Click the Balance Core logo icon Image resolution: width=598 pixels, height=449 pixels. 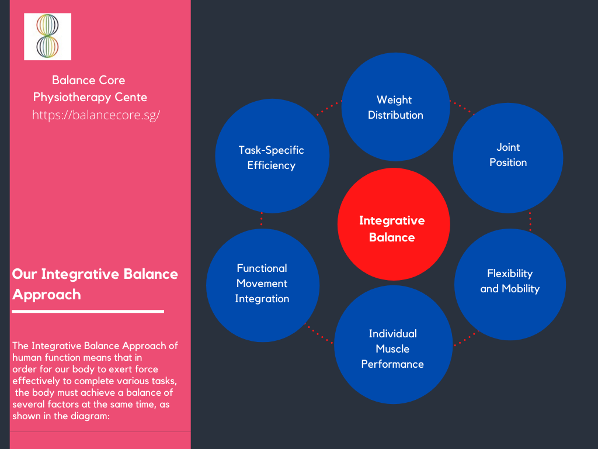point(48,37)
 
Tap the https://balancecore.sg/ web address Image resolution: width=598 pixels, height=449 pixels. point(96,115)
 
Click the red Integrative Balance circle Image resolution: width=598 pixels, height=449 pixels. point(394,224)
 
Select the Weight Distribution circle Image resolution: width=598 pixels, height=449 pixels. point(395,107)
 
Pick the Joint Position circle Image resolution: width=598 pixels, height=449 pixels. point(508,158)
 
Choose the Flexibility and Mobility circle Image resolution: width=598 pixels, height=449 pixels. point(510,285)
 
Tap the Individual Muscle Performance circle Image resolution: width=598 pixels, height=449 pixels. point(393,344)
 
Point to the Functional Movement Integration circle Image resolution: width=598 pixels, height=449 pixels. point(263,285)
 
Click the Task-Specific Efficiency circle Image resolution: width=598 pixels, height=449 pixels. point(272,156)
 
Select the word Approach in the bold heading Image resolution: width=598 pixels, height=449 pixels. point(47,295)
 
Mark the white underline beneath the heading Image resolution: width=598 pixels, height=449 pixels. point(88,312)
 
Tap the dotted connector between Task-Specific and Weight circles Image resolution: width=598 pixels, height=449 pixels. point(329,108)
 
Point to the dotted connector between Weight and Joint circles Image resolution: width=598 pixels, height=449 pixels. point(463,108)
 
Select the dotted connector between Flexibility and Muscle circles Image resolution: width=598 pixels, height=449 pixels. point(466,339)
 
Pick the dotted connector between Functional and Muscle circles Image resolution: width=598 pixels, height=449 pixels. point(318,333)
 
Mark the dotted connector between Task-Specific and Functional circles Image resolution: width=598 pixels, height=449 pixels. point(261,220)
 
